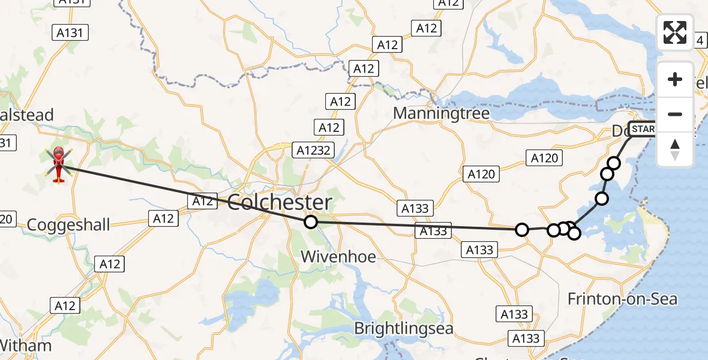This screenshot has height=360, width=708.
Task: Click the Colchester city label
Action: click(280, 202)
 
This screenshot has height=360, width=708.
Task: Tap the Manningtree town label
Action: click(441, 113)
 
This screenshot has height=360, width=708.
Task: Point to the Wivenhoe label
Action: click(338, 257)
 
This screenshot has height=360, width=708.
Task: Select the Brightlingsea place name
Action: click(403, 329)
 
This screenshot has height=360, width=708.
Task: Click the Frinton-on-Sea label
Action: click(622, 299)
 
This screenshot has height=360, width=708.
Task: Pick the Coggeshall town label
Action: click(69, 225)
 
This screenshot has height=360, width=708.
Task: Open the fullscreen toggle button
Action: click(675, 32)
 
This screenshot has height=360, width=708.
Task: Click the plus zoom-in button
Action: click(675, 79)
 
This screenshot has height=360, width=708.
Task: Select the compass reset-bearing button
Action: click(675, 149)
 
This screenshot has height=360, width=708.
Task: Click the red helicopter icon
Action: click(58, 164)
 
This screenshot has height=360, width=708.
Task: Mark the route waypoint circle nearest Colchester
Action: click(310, 222)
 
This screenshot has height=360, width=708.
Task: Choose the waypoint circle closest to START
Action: click(613, 163)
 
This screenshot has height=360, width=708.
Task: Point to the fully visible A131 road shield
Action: click(70, 32)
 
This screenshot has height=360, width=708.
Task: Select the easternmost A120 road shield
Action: click(545, 158)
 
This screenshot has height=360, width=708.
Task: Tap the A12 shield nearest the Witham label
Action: click(65, 306)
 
